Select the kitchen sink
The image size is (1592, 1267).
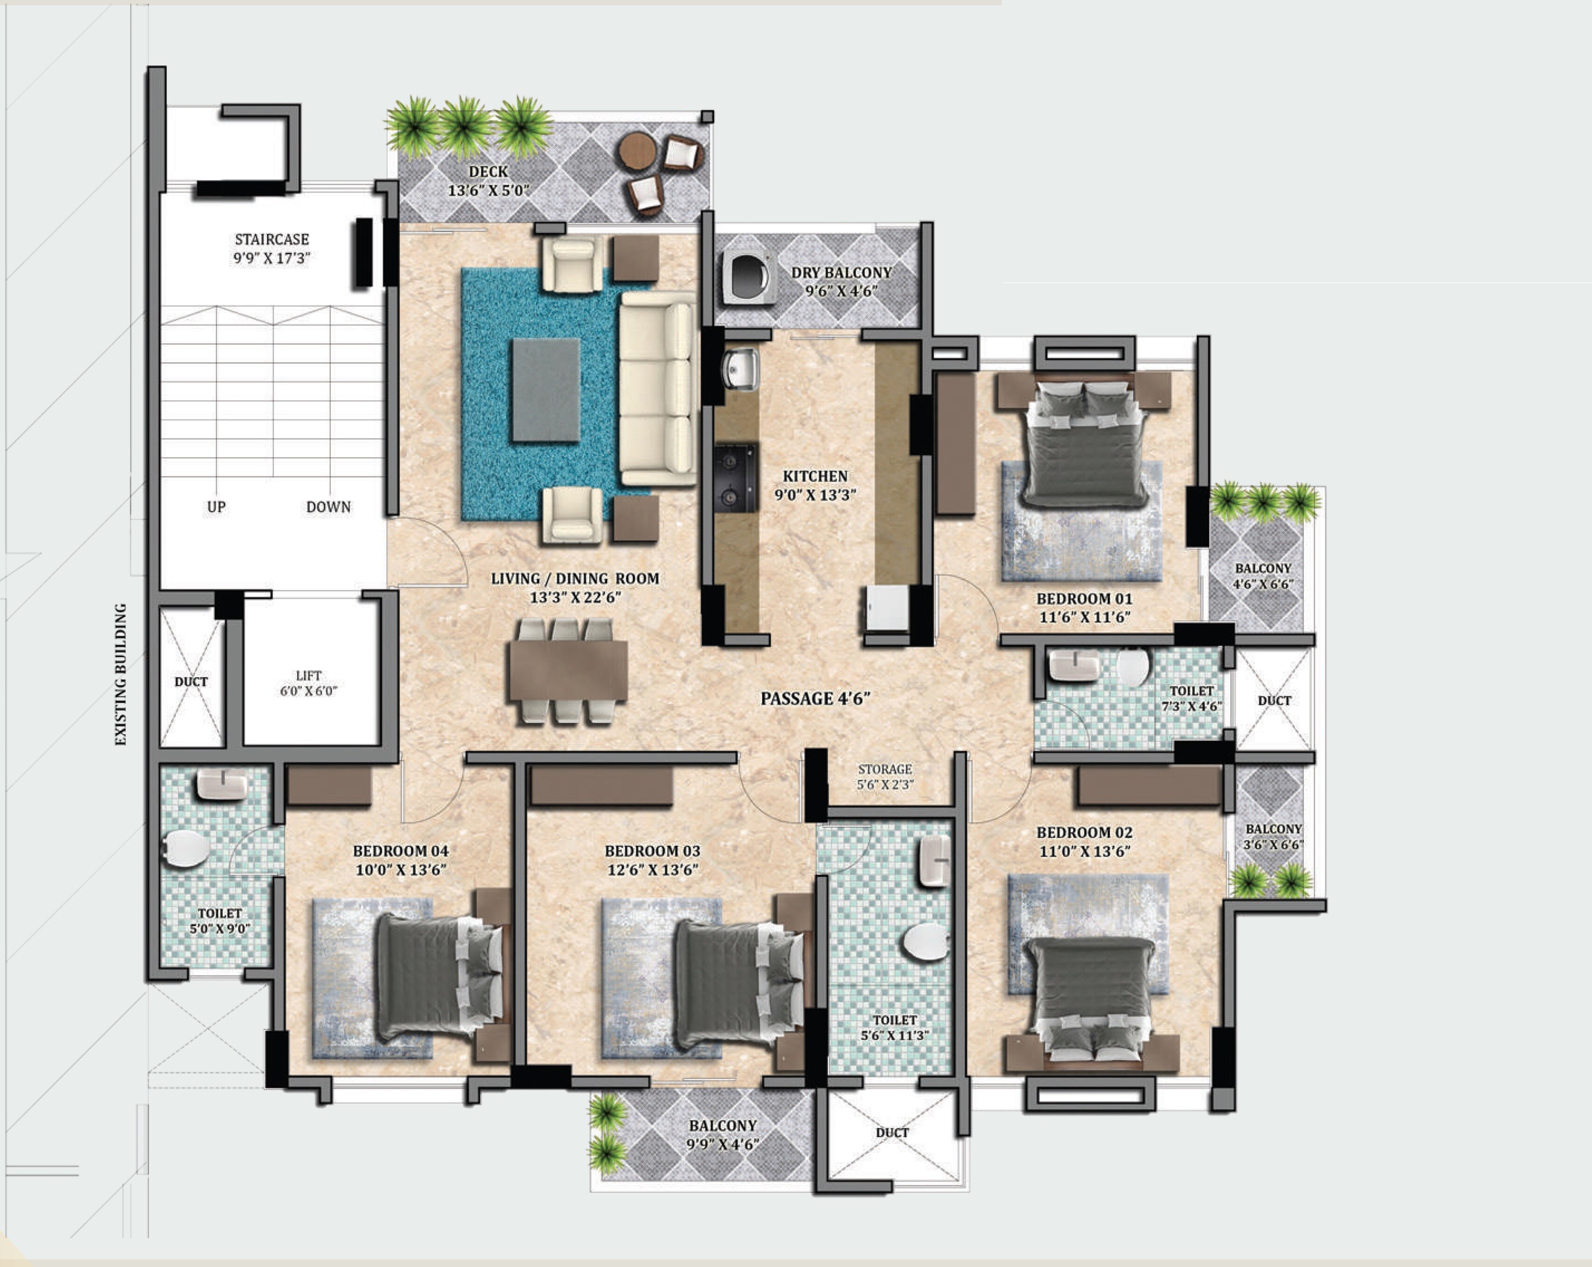pos(739,369)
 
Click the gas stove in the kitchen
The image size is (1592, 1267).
pos(736,477)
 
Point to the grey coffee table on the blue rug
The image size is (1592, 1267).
pos(545,390)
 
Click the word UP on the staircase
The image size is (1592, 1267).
pos(216,507)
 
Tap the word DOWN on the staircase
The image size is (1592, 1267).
pos(329,507)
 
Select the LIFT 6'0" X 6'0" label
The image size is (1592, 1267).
pos(309,683)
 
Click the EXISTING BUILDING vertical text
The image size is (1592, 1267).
pos(121,674)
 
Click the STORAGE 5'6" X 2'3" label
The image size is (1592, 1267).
pos(884,777)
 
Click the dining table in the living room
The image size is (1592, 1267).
pos(568,670)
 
